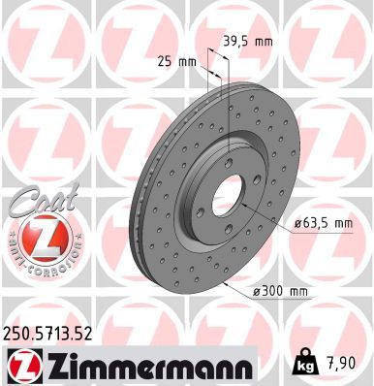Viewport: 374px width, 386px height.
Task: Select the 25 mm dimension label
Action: point(176,62)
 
